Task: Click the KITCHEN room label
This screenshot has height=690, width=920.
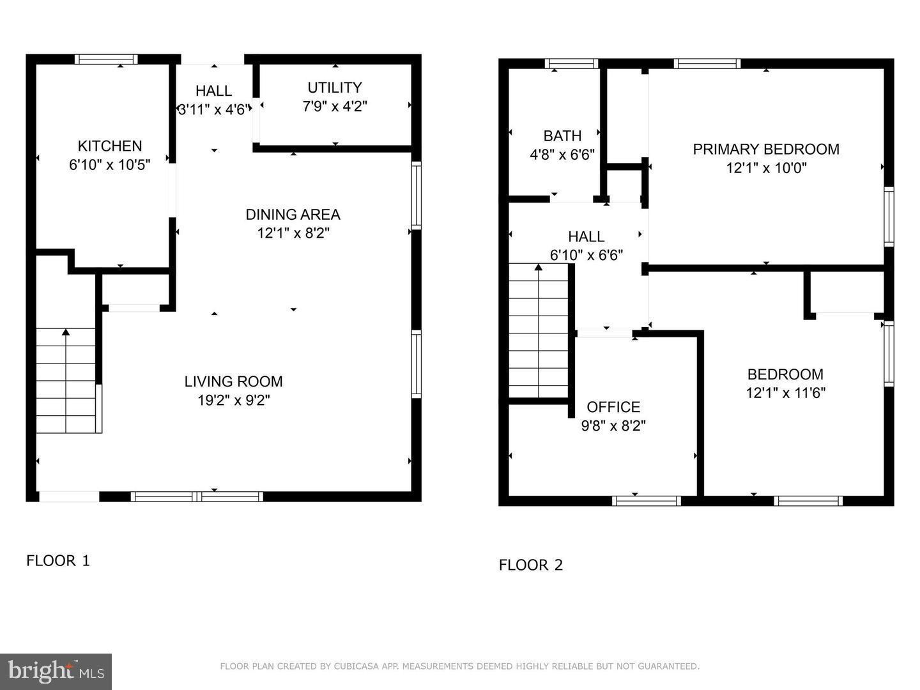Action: [110, 146]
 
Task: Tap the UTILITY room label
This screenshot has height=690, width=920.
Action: [335, 88]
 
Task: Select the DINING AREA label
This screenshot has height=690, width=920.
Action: [293, 214]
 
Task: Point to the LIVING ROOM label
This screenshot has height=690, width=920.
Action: [234, 381]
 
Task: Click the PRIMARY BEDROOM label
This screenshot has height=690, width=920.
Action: [766, 149]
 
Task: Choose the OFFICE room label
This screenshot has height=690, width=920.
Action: [613, 407]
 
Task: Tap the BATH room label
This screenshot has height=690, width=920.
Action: [562, 135]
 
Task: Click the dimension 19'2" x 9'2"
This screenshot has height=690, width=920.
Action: [234, 401]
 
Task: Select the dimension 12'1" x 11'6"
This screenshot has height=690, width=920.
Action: [786, 393]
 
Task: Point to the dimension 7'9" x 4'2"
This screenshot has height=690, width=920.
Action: [335, 106]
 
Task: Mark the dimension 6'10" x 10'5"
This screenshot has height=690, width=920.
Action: [110, 165]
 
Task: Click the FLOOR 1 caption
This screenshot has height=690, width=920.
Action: [58, 561]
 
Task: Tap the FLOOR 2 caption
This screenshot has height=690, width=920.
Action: [531, 565]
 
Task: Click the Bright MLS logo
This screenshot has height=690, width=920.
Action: [56, 671]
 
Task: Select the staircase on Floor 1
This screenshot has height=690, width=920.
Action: [66, 380]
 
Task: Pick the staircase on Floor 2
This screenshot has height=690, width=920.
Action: [539, 332]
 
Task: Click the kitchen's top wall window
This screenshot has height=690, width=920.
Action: [106, 59]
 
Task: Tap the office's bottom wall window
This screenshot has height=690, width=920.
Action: [647, 501]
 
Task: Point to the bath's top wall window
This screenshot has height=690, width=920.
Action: [571, 63]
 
